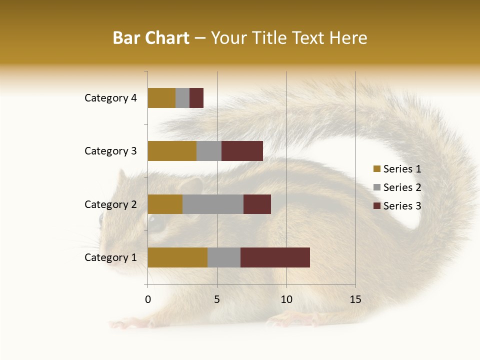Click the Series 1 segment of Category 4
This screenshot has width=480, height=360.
point(161,98)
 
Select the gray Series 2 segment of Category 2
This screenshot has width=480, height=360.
point(213,204)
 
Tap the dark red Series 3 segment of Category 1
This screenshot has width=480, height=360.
point(275,257)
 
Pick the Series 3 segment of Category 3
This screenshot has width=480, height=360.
point(242,151)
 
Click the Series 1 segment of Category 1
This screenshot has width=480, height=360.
point(177,257)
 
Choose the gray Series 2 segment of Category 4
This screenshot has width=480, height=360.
point(182,98)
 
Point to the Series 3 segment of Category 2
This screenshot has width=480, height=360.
point(257,204)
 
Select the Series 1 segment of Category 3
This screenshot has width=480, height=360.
point(172,151)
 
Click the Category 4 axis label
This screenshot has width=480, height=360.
point(110,98)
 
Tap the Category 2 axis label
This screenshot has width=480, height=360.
point(110,204)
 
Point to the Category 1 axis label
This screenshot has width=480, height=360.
point(110,257)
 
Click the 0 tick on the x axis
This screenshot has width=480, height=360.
point(148,299)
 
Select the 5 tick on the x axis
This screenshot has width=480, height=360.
point(217,299)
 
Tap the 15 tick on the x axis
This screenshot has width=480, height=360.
point(355,299)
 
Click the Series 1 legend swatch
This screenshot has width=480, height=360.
point(376,169)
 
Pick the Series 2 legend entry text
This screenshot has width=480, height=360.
point(402,187)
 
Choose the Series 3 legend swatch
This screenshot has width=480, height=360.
point(376,206)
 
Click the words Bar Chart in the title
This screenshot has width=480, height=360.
point(151,37)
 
